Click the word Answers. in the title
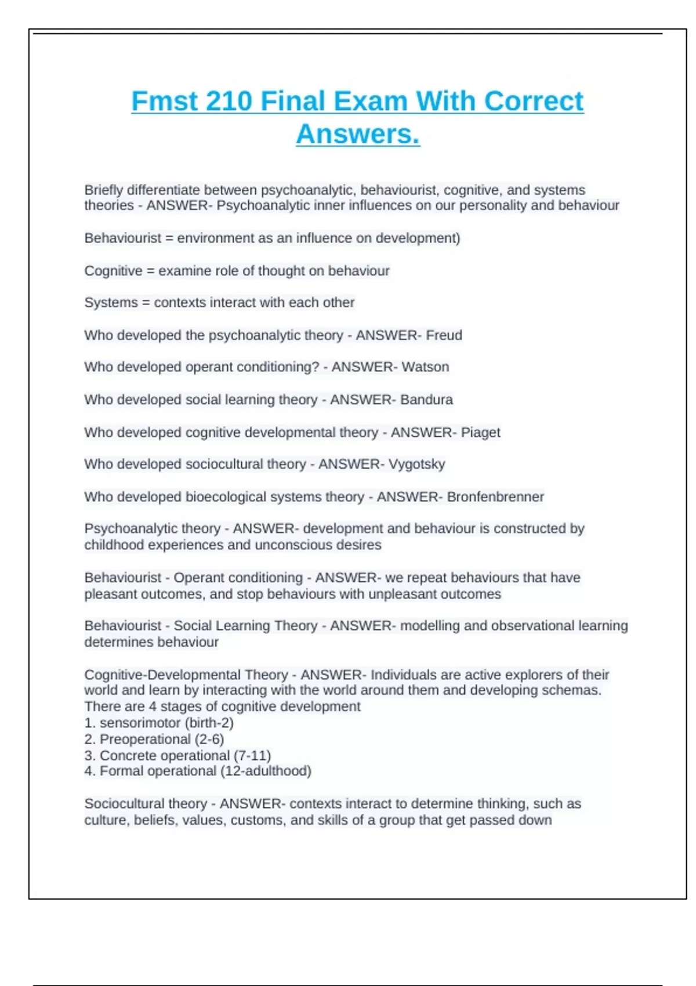[358, 134]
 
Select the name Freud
[444, 335]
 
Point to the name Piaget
[480, 432]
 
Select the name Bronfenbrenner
[495, 496]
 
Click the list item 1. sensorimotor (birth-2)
[159, 723]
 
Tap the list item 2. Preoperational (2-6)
[154, 739]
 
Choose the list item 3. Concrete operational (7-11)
[177, 755]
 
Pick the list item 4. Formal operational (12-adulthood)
[198, 771]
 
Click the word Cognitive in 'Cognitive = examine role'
[113, 271]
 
